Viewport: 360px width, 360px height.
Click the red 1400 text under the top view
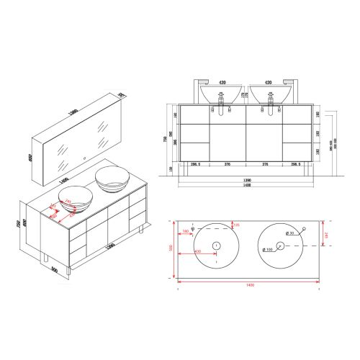(x=249, y=285)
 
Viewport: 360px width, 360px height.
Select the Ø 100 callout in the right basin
(x=268, y=250)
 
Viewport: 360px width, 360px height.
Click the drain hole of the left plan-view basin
(x=215, y=246)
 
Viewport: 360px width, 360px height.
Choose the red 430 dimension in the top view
(x=197, y=251)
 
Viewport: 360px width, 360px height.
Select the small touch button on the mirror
(x=84, y=160)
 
